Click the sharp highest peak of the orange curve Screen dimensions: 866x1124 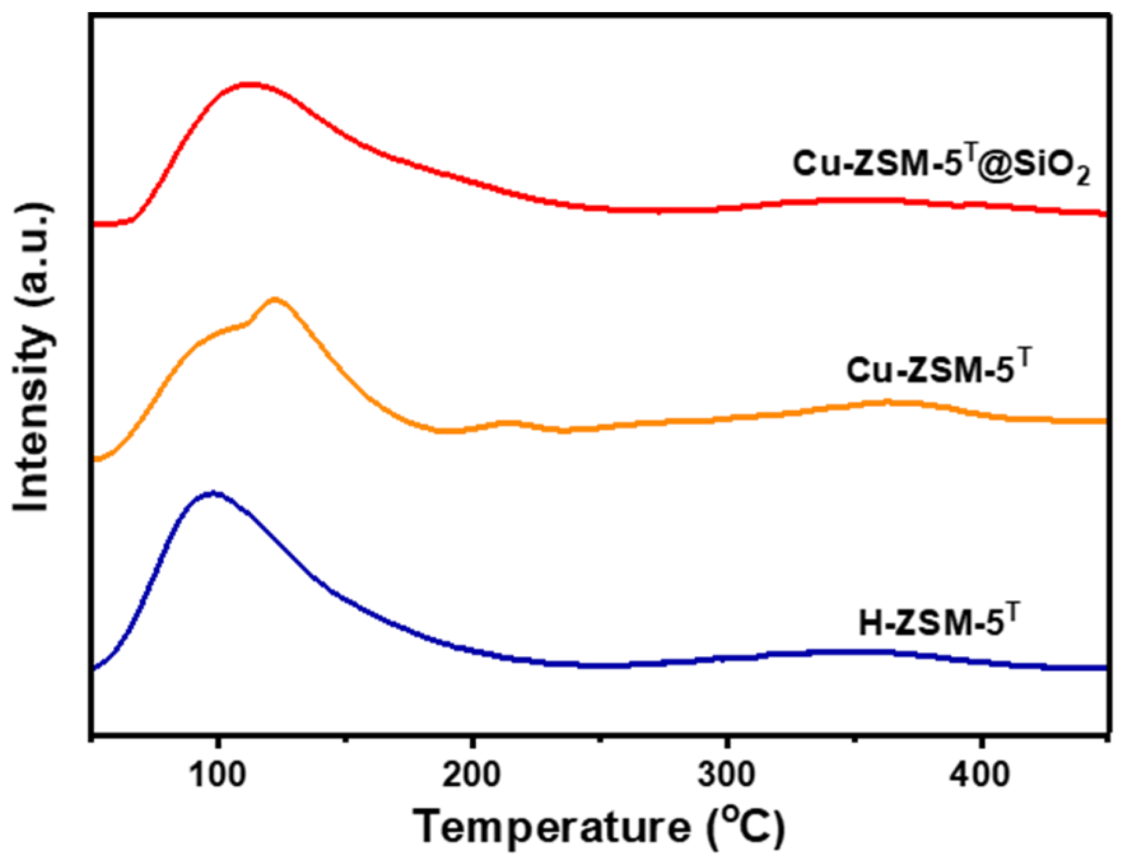point(275,300)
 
